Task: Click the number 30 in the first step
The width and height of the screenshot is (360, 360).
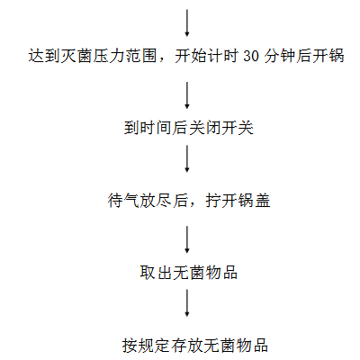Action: pos(251,56)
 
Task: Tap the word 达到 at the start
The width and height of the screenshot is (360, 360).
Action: pos(44,56)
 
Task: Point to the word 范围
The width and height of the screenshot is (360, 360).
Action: pos(140,56)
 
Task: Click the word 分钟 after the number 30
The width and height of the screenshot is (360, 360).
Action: pos(280,56)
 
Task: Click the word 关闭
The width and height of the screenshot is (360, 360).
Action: pos(205,128)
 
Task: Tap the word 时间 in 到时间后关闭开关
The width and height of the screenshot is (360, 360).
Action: pos(156,128)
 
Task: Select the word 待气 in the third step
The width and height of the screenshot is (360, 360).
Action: pos(124,201)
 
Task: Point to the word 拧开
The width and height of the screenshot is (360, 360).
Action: pos(221,201)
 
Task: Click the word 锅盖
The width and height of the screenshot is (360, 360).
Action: pos(254,201)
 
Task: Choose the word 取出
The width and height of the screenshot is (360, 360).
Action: pos(156,273)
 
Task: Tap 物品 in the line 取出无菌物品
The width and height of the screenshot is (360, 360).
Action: pos(221,273)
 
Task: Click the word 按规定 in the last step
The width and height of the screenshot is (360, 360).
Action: pos(147,346)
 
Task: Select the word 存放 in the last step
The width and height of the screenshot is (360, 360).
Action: pos(187,346)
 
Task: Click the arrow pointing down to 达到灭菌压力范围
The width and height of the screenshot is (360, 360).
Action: pos(187,23)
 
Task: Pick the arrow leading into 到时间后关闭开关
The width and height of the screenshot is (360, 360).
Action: pos(187,95)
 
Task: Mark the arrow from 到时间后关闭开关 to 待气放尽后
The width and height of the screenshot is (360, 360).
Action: pos(187,159)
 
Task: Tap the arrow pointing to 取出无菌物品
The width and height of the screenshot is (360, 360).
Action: pos(187,239)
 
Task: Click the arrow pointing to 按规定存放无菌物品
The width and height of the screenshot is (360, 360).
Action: pos(187,303)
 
